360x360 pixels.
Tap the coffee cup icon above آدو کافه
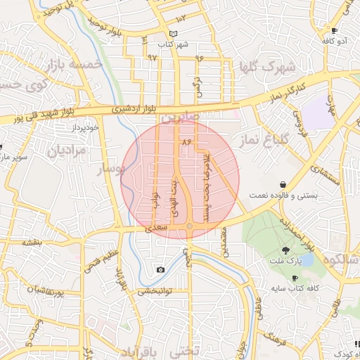point(335,31)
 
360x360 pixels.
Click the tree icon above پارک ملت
point(285,250)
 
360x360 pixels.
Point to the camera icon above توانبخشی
point(161,270)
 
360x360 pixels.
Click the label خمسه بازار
point(77,65)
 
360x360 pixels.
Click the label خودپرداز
point(87,128)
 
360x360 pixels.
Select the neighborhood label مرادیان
point(67,150)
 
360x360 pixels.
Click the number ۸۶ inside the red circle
point(186,142)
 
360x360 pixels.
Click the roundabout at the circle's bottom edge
point(190,226)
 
